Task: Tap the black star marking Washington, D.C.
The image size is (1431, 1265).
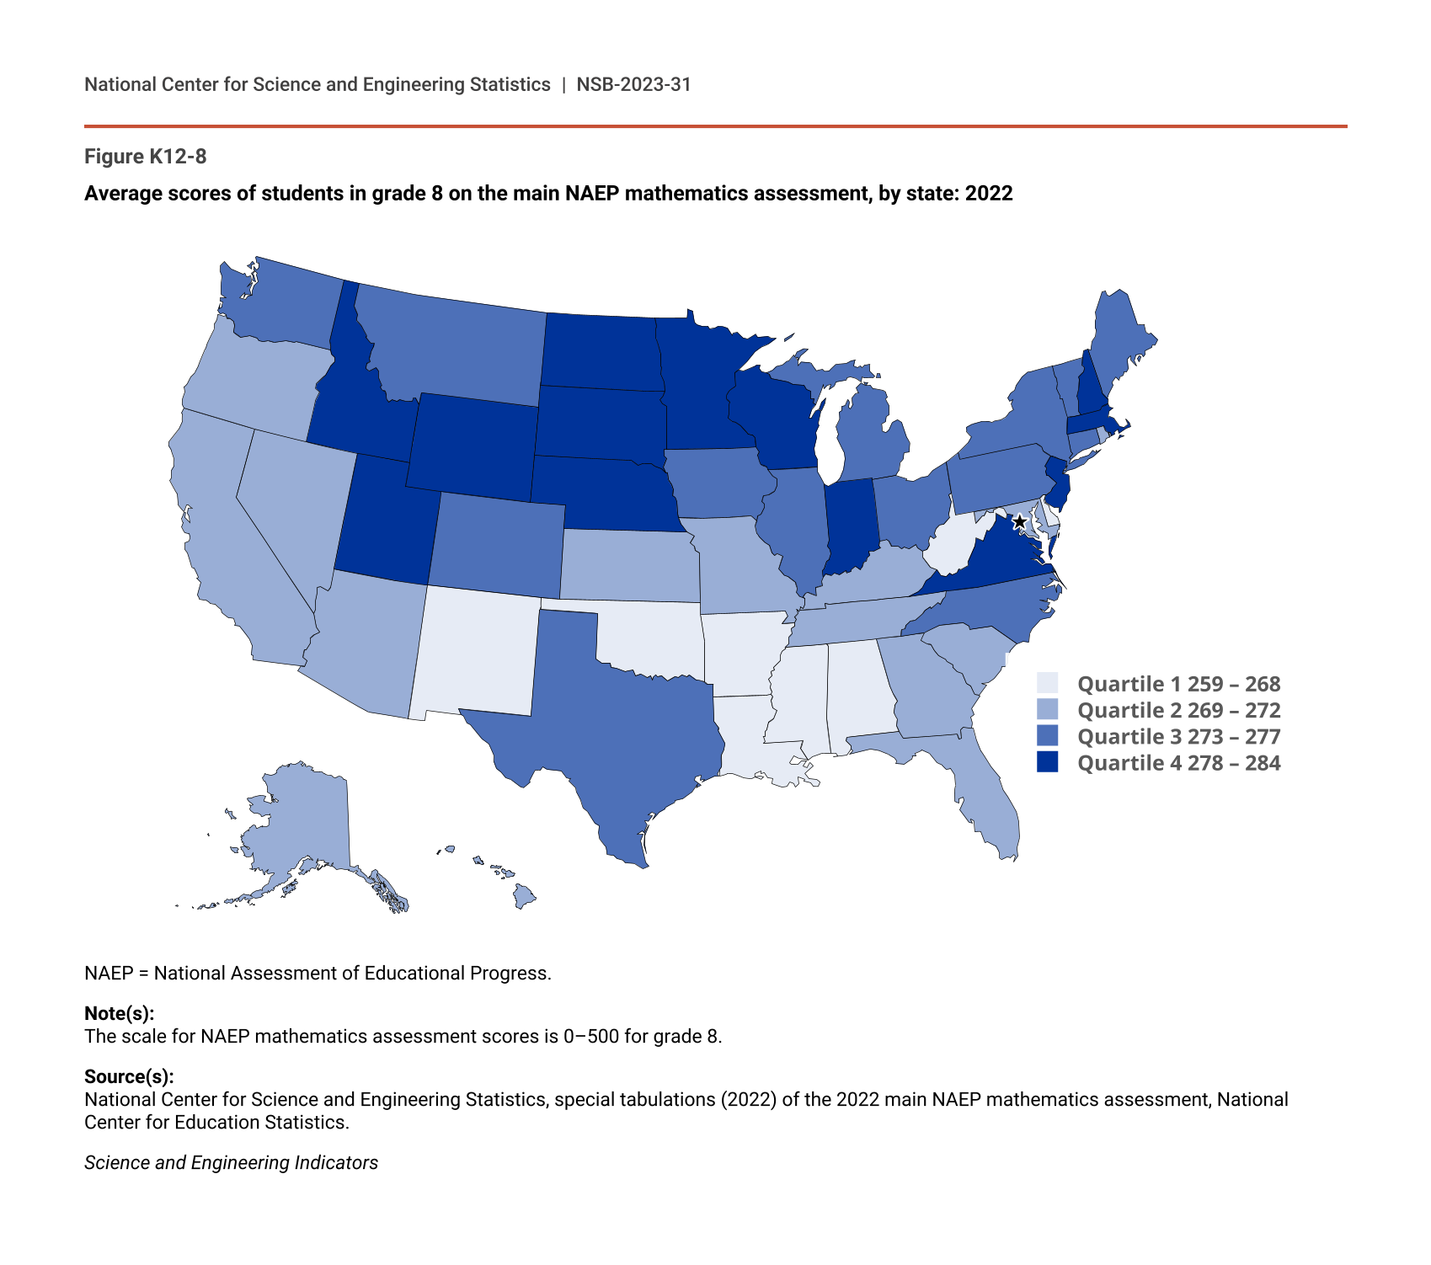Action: [1019, 522]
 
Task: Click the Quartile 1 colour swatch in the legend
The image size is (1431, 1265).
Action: [1047, 683]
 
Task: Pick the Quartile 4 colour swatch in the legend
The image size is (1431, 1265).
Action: [1047, 762]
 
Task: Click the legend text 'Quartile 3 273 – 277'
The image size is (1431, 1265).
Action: [1178, 737]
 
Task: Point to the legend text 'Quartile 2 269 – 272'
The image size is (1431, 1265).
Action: [1178, 711]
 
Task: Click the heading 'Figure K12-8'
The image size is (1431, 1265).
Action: [145, 157]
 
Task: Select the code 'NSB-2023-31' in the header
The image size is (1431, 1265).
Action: [633, 84]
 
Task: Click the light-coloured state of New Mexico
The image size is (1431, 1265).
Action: [476, 653]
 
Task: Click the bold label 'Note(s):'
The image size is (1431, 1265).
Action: [119, 1013]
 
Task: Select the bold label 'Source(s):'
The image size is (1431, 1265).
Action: [129, 1076]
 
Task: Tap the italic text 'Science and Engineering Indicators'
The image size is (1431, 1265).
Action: [231, 1163]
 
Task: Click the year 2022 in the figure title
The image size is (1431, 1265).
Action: [989, 194]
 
